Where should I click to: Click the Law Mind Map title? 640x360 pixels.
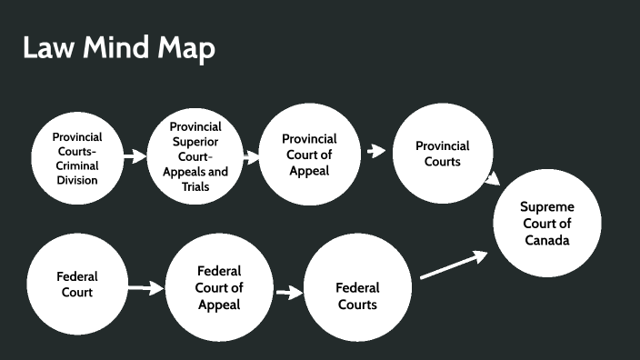(x=118, y=47)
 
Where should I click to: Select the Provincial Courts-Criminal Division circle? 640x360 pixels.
(x=77, y=157)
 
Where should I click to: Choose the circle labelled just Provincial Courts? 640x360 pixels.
(x=443, y=154)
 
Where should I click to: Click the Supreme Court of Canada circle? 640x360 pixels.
(x=547, y=223)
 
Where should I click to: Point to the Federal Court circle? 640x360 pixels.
(x=77, y=284)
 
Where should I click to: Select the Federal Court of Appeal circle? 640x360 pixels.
(x=219, y=286)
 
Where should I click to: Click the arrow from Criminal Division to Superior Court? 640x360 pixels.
(x=135, y=156)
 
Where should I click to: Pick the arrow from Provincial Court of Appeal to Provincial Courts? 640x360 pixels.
(x=375, y=151)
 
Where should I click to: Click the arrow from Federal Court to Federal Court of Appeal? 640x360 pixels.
(x=144, y=289)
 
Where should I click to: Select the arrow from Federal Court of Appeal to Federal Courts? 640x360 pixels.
(x=288, y=293)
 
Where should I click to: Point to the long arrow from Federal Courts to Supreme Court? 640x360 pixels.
(x=455, y=265)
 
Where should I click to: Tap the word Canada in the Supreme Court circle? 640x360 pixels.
(x=547, y=241)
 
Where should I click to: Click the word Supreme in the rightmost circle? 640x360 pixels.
(x=547, y=206)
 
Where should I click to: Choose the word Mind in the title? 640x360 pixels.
(x=117, y=47)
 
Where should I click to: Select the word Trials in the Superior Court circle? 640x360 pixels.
(x=195, y=187)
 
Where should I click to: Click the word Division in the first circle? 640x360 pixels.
(x=77, y=180)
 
